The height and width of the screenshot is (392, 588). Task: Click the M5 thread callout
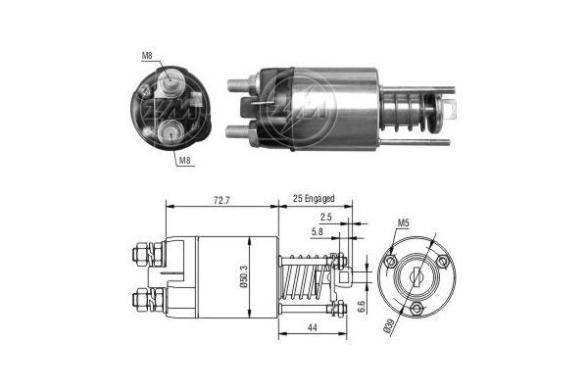403,224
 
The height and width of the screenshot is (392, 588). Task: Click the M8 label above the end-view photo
146,57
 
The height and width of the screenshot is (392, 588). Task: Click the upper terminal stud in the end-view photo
170,83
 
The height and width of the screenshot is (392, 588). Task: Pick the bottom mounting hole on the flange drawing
419,310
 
